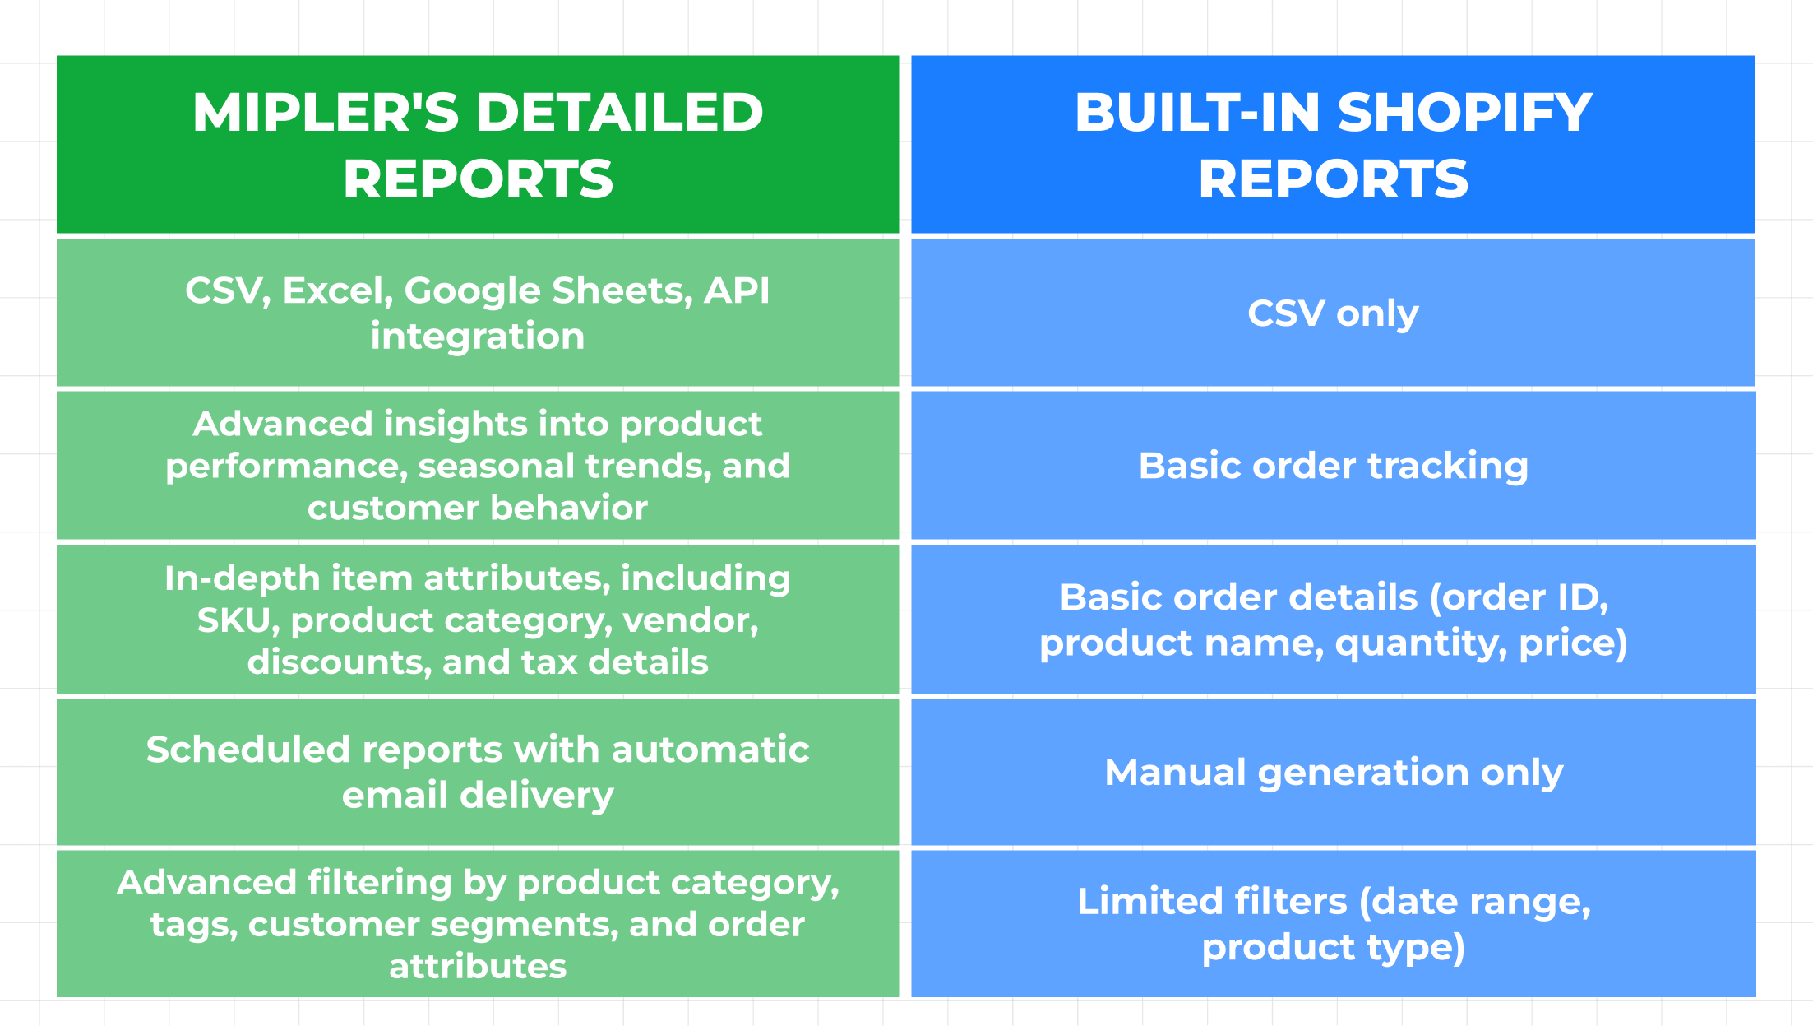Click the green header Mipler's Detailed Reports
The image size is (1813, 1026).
[478, 145]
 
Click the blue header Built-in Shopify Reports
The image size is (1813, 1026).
[1333, 145]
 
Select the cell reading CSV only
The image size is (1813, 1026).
[1333, 313]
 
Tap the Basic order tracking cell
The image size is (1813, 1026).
[1333, 466]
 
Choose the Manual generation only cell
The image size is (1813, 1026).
[1333, 772]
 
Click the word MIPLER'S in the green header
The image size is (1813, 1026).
[326, 112]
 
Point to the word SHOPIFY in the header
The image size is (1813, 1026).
[1465, 112]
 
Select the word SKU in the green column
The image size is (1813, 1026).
[233, 620]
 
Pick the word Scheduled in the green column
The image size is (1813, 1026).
[248, 750]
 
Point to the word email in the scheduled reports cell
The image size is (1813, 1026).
[395, 795]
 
